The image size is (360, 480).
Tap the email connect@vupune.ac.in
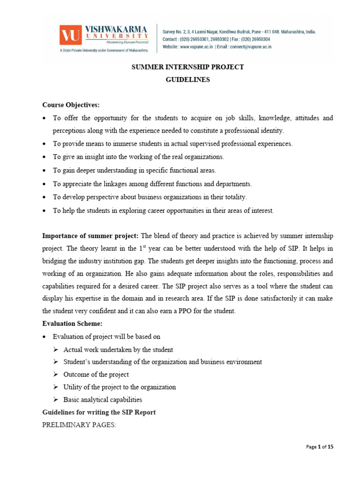coord(248,47)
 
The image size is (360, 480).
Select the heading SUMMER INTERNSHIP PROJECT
coord(187,67)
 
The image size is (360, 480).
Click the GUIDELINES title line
coord(187,80)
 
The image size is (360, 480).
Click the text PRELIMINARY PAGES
coord(79,425)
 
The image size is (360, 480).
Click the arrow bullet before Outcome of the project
coord(55,375)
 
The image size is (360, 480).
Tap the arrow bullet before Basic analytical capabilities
coord(55,400)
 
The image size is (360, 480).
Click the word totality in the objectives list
coord(232,197)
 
